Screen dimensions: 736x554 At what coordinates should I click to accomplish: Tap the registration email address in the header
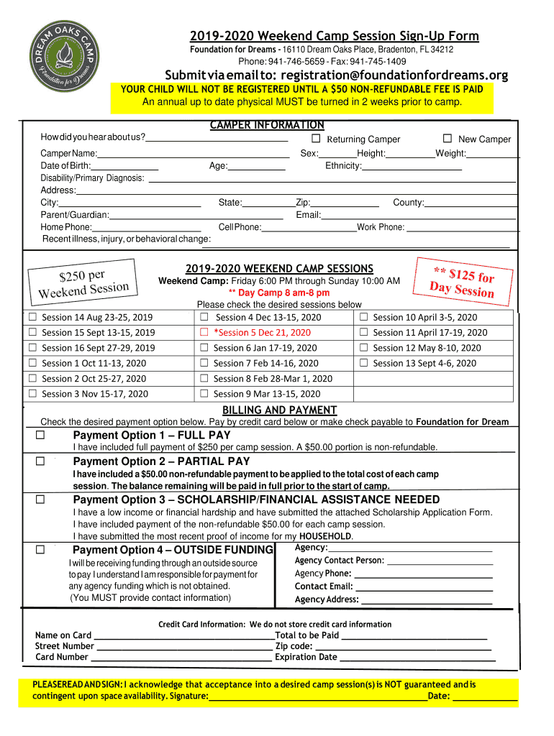tap(394, 75)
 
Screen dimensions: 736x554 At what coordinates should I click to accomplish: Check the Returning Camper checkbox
tap(316, 139)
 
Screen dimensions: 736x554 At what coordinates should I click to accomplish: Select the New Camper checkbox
tap(447, 139)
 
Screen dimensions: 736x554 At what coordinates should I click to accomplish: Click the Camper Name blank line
tap(193, 154)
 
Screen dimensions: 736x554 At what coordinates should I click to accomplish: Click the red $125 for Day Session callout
tap(463, 280)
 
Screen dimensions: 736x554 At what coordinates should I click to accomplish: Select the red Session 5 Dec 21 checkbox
tap(204, 333)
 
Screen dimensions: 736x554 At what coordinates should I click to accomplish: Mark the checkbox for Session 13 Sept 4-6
tap(363, 364)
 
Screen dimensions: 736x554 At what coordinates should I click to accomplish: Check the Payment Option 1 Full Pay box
tap(40, 436)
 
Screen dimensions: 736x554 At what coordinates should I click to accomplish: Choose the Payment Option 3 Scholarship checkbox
tap(40, 500)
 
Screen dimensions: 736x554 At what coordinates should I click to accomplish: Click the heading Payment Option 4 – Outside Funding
tap(173, 550)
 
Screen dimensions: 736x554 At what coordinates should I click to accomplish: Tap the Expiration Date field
tap(417, 657)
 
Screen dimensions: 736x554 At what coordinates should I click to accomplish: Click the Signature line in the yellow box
tap(317, 696)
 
